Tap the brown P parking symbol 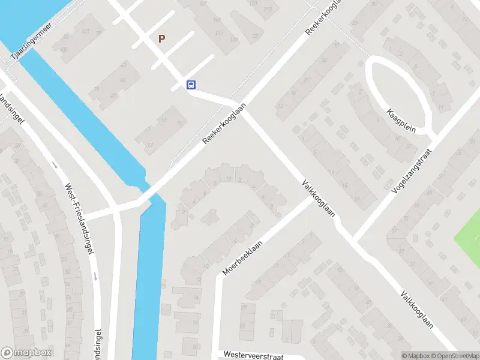(161, 38)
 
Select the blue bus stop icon (191, 85)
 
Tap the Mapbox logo (26, 353)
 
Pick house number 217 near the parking (220, 32)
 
